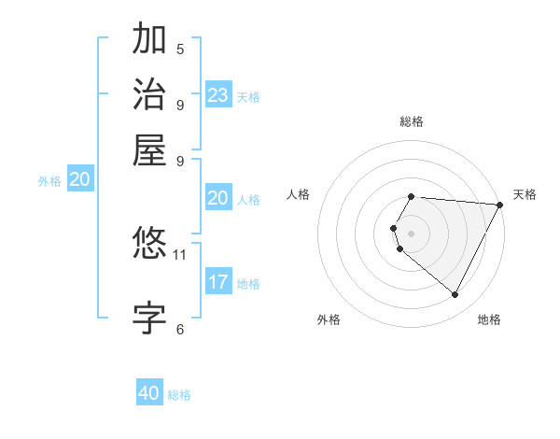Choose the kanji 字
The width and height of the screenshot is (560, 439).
[x=149, y=317]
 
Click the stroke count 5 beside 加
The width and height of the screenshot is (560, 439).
[x=180, y=49]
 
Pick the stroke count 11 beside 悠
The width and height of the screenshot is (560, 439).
[x=180, y=254]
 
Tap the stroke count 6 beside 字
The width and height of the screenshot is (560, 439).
[x=180, y=329]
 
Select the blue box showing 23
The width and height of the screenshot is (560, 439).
[x=218, y=95]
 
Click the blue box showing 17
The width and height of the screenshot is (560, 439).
[x=218, y=282]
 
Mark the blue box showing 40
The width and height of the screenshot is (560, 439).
[x=149, y=393]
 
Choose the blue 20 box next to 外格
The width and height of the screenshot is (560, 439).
[x=80, y=180]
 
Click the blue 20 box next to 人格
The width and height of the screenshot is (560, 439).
[x=218, y=198]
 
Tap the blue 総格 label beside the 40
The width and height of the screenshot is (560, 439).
[x=179, y=395]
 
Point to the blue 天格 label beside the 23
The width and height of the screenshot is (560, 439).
[x=248, y=97]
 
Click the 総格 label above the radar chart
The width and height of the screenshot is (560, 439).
[x=412, y=121]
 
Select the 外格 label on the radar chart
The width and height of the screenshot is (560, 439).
[x=329, y=320]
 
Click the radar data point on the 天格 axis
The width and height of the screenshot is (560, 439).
[x=500, y=205]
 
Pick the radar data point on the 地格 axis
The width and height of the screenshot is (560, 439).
[x=455, y=295]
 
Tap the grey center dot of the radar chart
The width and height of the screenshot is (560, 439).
[x=412, y=233]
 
